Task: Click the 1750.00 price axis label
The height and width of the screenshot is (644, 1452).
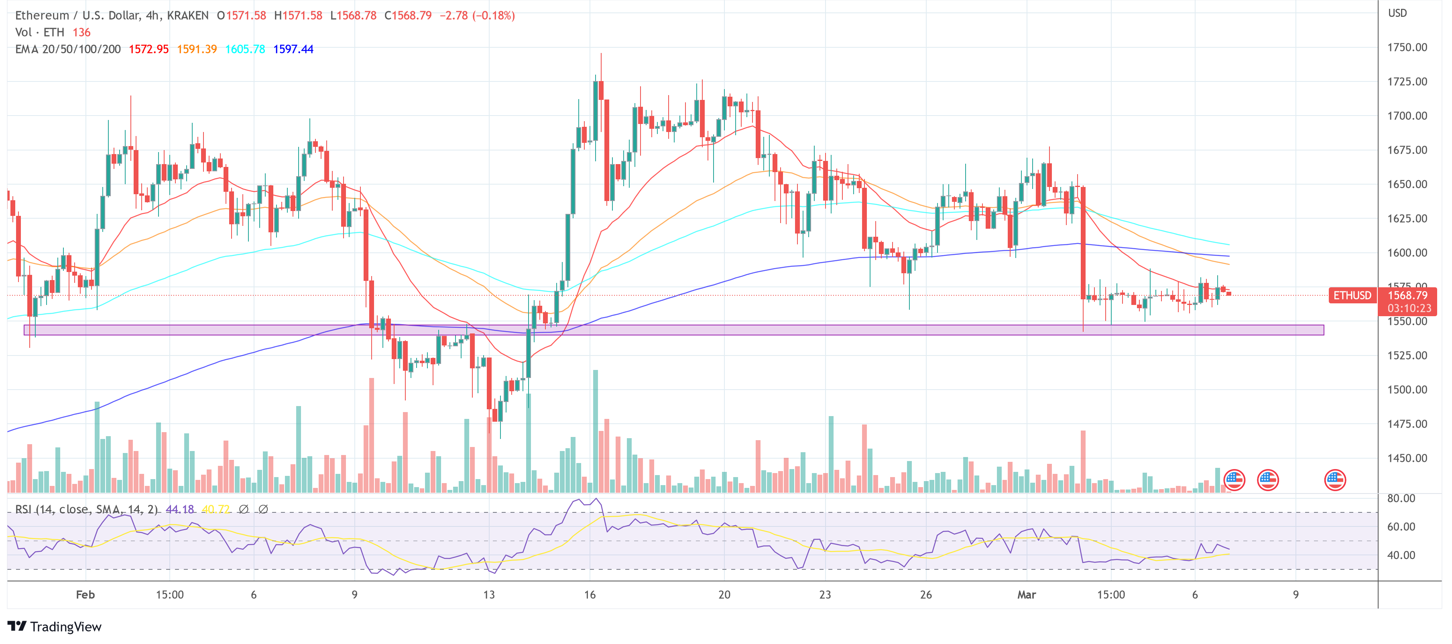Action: coord(1407,47)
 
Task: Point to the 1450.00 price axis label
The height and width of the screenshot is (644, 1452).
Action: coord(1407,458)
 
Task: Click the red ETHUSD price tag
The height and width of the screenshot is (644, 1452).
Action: coord(1352,295)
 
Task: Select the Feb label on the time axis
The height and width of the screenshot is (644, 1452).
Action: coord(85,594)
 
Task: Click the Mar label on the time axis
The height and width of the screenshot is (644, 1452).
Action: coord(1027,594)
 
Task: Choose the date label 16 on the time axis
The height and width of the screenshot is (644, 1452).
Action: coord(590,594)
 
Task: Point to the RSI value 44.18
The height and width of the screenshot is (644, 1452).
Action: coord(180,509)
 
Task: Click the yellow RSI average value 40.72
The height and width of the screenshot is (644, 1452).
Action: coord(216,509)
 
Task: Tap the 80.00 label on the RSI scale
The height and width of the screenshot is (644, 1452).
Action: coord(1401,498)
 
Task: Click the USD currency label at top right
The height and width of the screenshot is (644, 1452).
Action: coord(1397,13)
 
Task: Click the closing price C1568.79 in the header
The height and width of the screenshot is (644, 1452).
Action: coord(407,15)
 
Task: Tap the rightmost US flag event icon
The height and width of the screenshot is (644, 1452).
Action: coord(1335,480)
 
